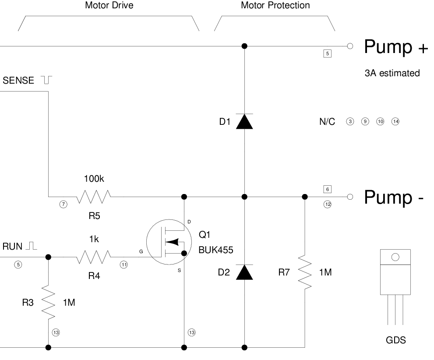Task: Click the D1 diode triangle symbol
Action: coord(244,122)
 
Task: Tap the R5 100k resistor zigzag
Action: coord(94,197)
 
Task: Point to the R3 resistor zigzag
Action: coord(48,302)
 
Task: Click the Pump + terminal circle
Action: coord(349,46)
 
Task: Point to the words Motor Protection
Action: coord(275,6)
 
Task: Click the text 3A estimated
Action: coord(392,73)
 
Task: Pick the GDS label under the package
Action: coord(395,341)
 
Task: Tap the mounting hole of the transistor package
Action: coord(395,257)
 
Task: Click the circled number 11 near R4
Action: coord(124,265)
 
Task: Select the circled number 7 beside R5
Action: coord(64,205)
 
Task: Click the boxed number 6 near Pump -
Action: coord(327,189)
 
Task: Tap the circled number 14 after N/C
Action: coord(395,121)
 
